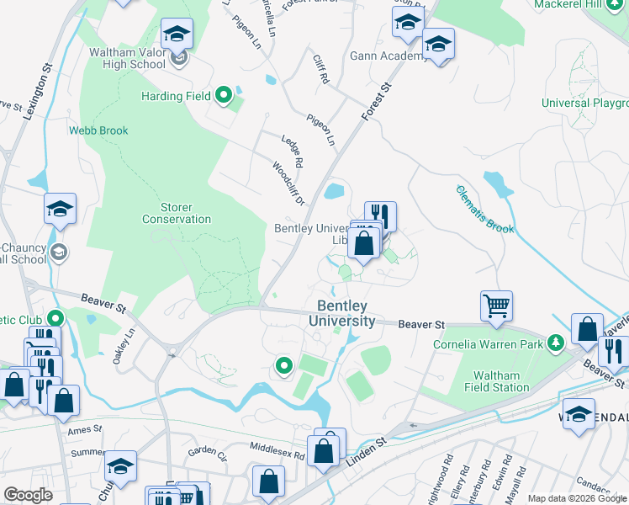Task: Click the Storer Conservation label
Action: (176, 213)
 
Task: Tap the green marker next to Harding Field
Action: (224, 96)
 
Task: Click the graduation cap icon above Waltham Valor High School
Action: (177, 35)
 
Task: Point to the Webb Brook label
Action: (98, 130)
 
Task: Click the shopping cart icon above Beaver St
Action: (496, 306)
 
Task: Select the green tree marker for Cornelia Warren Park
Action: (554, 343)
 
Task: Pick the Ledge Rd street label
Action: (292, 149)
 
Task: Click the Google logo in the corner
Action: (28, 494)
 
